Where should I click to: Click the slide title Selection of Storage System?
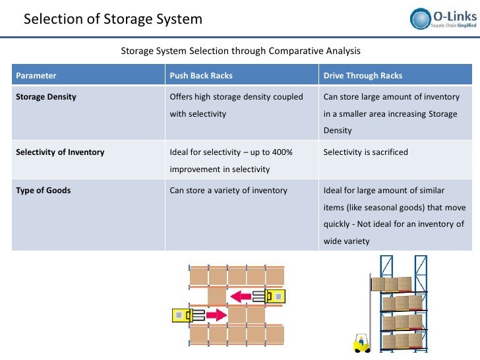113,19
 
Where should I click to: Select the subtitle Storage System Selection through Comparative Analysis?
241,51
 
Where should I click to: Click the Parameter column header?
36,76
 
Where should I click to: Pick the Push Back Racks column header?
201,76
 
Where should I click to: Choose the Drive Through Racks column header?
363,76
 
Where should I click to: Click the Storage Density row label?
45,97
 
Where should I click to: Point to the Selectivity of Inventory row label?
59,152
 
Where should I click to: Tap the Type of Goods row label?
43,191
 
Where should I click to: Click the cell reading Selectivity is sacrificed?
366,152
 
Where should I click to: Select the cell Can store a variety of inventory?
228,191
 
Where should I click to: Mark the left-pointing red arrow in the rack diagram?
241,297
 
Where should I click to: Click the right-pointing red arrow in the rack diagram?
215,315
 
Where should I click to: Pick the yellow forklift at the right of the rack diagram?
273,297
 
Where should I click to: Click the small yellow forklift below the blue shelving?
361,344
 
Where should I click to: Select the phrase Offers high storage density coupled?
236,97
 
